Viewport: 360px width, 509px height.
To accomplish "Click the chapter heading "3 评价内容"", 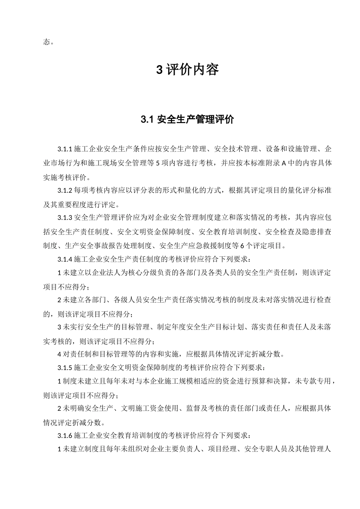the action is click(x=188, y=70).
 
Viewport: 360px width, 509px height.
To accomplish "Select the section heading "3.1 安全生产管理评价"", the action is click(x=188, y=120).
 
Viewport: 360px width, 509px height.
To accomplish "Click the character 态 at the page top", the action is click(x=46, y=42).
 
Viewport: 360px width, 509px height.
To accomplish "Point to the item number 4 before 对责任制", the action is click(x=59, y=354).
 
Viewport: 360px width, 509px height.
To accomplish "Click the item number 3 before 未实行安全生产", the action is click(x=59, y=327).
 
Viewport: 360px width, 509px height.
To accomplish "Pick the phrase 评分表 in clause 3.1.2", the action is click(x=154, y=190).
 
